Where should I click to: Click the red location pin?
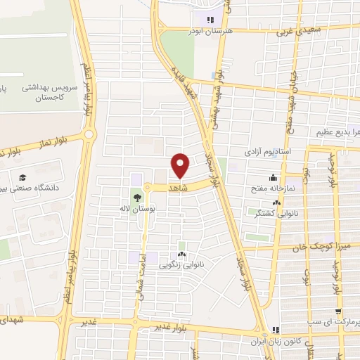click(181, 165)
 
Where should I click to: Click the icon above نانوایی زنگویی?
click(181, 255)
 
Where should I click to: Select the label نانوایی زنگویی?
click(181, 265)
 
